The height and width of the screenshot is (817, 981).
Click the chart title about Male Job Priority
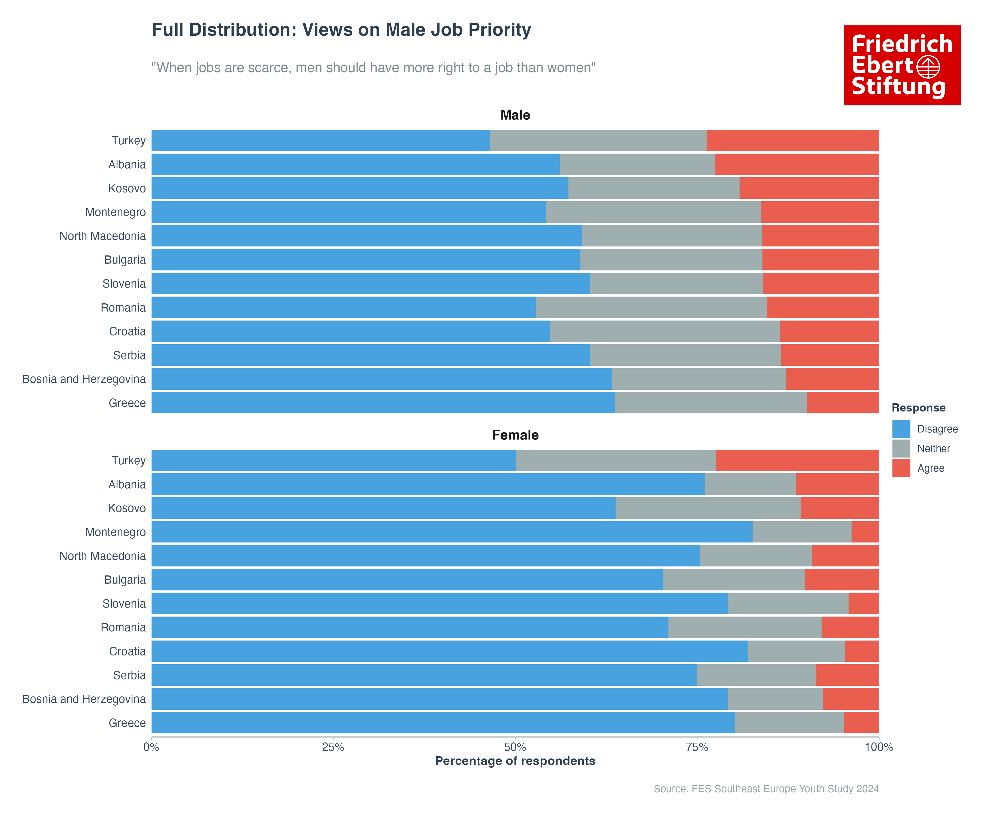[x=341, y=30]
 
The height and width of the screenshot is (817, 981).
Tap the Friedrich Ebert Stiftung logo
[x=902, y=65]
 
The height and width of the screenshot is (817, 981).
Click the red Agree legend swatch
[x=901, y=468]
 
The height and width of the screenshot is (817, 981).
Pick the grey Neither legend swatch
[x=901, y=449]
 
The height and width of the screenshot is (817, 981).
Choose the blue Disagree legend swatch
[x=901, y=429]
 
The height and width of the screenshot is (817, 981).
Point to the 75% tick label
[x=697, y=748]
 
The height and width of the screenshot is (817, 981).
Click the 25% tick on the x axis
[x=333, y=748]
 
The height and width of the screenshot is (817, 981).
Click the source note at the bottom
[x=766, y=789]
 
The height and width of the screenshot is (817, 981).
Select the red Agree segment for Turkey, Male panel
[x=792, y=141]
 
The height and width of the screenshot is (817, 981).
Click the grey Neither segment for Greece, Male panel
[x=710, y=403]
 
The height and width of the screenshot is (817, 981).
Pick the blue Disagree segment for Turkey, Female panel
[x=334, y=460]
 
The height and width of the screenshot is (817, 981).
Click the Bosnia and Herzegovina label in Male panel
[x=84, y=379]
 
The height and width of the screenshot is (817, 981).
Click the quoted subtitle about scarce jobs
[x=373, y=68]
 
